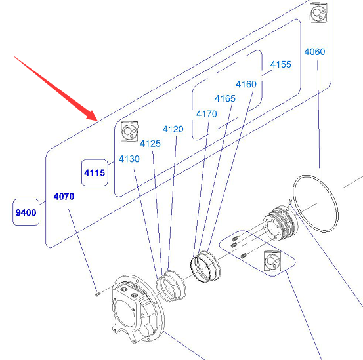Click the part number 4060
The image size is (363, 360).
tap(314, 52)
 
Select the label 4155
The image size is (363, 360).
tap(280, 64)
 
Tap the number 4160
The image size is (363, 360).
tap(246, 84)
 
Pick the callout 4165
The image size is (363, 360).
tap(225, 99)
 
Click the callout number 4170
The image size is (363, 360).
tap(207, 114)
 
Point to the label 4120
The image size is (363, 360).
tap(173, 129)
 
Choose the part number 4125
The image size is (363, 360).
tap(150, 144)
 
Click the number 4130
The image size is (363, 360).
tap(129, 159)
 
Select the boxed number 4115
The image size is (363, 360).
tap(95, 172)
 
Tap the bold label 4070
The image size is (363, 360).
tap(64, 197)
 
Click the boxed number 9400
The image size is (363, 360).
tap(26, 212)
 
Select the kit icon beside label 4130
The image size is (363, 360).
tap(129, 131)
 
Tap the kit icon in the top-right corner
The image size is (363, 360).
tap(318, 12)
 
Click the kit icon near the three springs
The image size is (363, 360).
tap(272, 260)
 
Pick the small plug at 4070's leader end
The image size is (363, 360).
tap(98, 294)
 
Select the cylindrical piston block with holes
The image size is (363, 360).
tap(279, 224)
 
